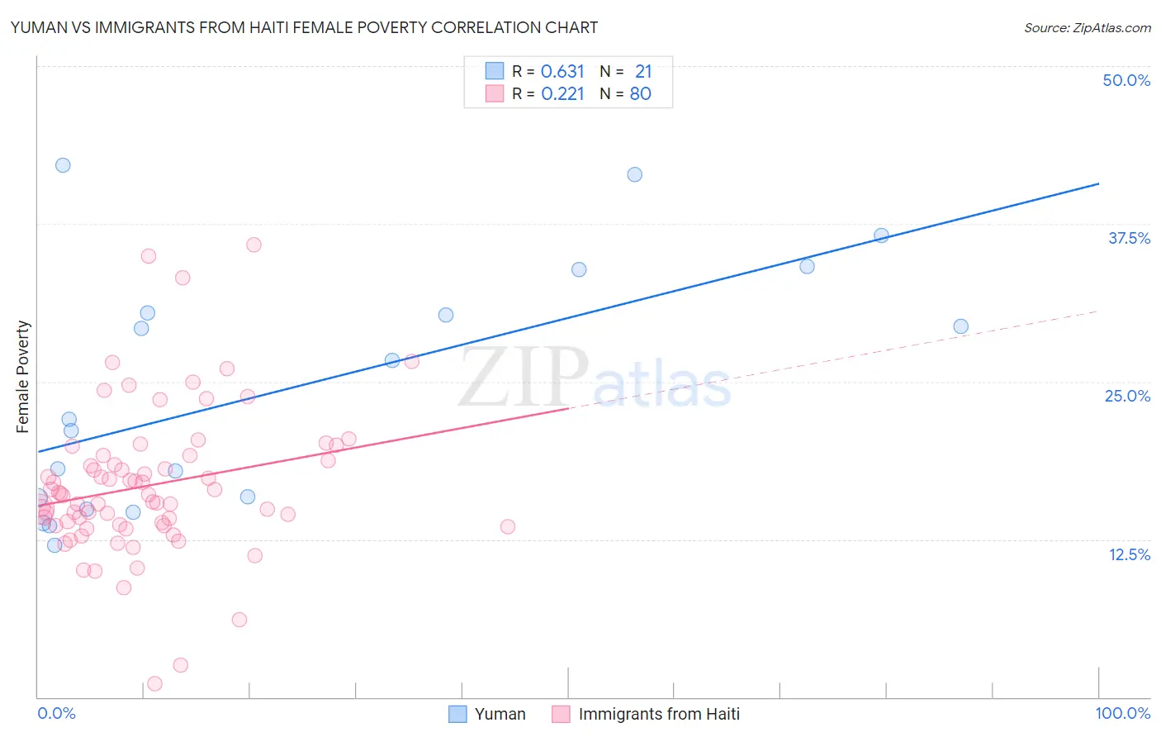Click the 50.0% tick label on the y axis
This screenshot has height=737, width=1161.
click(x=1126, y=80)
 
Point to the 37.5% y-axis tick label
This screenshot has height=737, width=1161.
click(x=1129, y=238)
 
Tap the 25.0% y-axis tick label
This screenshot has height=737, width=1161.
click(x=1127, y=396)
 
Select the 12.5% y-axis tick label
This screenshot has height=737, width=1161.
click(x=1129, y=554)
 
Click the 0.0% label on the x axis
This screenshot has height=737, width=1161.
click(x=56, y=713)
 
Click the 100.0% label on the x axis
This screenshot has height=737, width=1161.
click(x=1122, y=713)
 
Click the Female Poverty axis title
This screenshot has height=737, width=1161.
click(x=23, y=377)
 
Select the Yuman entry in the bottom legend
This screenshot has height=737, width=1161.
click(x=500, y=714)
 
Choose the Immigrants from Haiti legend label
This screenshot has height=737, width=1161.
click(x=658, y=714)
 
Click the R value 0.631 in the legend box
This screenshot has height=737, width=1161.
click(x=562, y=71)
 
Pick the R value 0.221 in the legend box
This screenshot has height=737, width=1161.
click(x=562, y=93)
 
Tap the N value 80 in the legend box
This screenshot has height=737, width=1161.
click(x=640, y=93)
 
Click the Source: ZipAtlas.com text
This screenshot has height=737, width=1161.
click(x=1087, y=27)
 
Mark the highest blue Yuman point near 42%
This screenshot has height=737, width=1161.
click(x=63, y=165)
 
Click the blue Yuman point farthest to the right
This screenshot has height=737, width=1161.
click(x=960, y=326)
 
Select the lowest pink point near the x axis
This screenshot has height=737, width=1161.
click(x=154, y=683)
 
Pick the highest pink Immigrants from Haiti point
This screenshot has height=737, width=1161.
click(x=254, y=245)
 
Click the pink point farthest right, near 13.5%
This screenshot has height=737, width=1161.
click(x=508, y=526)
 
